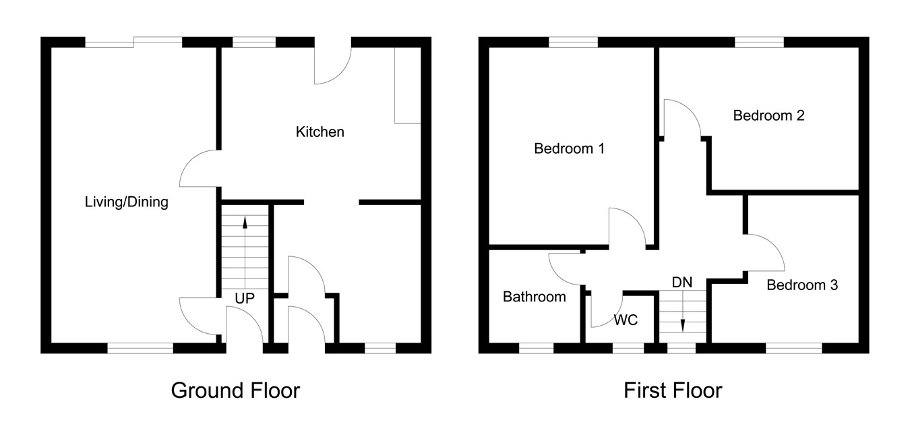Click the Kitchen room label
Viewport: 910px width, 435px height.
320,132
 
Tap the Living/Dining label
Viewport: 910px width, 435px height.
126,202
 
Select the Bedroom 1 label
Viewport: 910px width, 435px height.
568,148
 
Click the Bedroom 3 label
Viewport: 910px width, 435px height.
802,285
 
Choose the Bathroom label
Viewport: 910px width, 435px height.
535,297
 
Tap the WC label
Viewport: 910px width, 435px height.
626,320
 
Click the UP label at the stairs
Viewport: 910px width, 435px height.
245,298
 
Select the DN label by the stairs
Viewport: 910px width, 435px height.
682,283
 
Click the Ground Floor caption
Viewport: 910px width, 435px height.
235,390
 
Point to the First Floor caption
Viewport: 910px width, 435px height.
673,390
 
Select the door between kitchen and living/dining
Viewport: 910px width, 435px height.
198,169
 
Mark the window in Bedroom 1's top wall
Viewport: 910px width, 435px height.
573,42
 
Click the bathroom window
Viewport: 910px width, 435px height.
536,349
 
